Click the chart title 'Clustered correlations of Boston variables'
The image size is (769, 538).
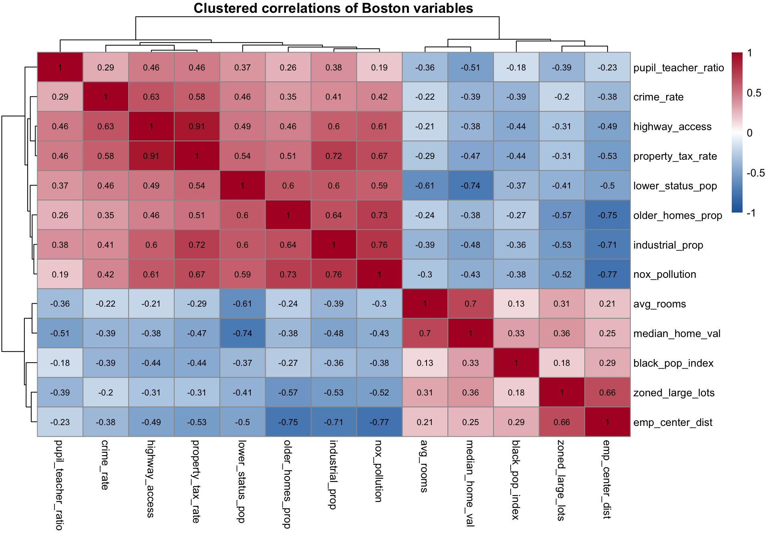click(x=333, y=8)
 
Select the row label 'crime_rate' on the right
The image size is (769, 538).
click(x=658, y=97)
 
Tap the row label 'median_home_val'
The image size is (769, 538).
click(x=676, y=333)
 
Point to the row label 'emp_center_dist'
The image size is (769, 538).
click(x=672, y=422)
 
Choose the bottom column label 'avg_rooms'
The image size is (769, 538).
click(x=424, y=466)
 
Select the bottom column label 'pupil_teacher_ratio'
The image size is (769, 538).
click(x=59, y=485)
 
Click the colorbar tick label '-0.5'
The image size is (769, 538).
click(x=755, y=173)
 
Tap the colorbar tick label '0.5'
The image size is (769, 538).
click(x=754, y=93)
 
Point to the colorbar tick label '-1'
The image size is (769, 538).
click(x=751, y=213)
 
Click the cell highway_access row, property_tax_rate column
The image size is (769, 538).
click(x=197, y=126)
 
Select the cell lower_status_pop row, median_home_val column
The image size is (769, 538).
click(x=471, y=186)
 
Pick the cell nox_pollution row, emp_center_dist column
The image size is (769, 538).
click(x=607, y=274)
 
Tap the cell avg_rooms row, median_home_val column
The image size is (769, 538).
click(x=471, y=304)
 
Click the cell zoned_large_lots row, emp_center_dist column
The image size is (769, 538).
click(x=607, y=393)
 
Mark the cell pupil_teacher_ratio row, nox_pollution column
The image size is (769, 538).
click(x=379, y=68)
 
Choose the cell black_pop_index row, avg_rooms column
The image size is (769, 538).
click(x=425, y=363)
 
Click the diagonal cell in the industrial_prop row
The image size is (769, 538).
click(x=334, y=245)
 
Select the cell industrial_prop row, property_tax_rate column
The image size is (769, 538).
click(x=197, y=245)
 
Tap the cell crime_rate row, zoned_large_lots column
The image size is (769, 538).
click(x=562, y=97)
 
